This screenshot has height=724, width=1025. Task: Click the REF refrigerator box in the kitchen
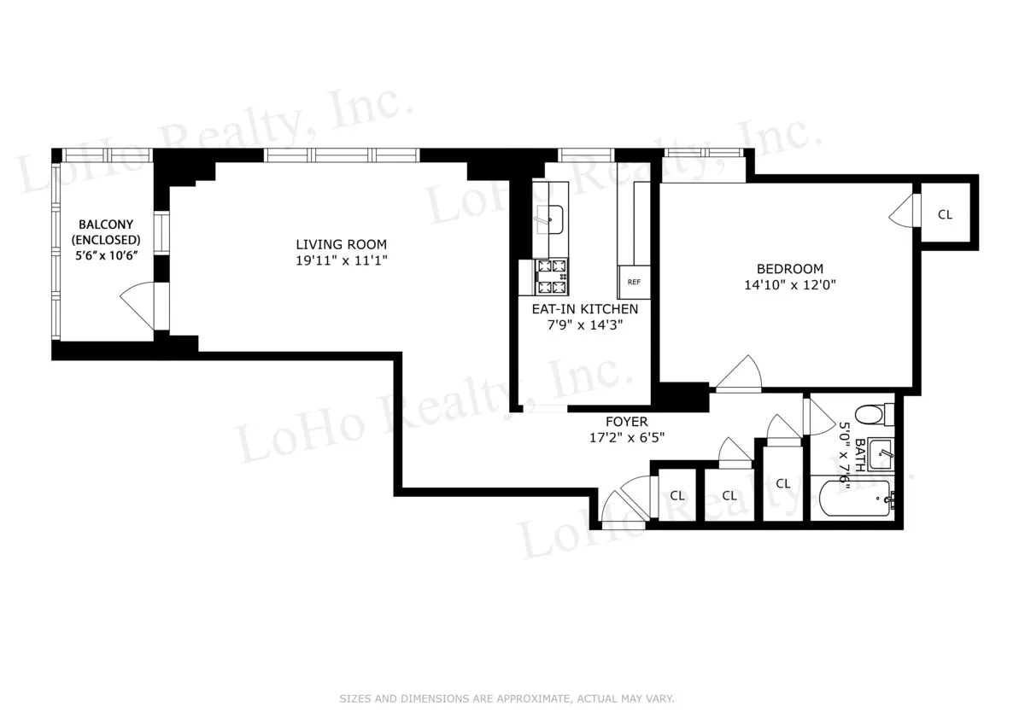(x=634, y=282)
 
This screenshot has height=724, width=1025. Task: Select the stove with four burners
(x=552, y=277)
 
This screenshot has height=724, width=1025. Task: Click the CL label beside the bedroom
(x=945, y=214)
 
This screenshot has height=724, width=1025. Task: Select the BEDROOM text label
(x=788, y=268)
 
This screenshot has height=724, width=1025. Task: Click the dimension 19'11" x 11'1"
(x=342, y=260)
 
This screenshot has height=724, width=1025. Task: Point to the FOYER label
(x=626, y=422)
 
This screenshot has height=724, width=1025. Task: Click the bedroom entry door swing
(x=737, y=373)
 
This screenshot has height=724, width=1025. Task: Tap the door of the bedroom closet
(x=904, y=211)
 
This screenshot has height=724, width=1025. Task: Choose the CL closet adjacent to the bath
(x=783, y=483)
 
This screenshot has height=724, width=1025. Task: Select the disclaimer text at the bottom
(x=507, y=698)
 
